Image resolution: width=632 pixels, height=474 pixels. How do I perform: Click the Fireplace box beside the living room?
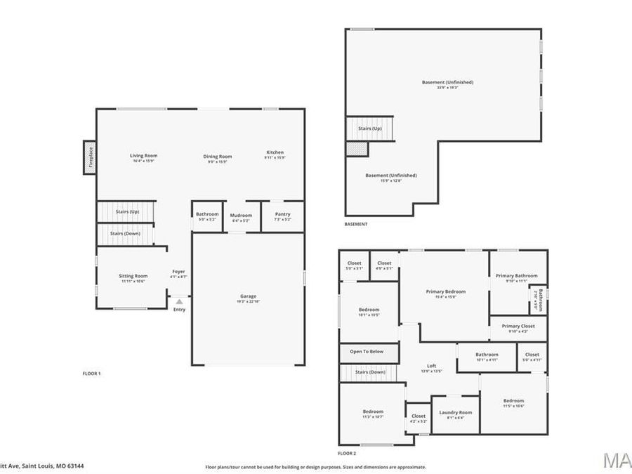pyautogui.click(x=89, y=158)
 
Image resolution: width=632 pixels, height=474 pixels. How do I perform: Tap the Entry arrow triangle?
pyautogui.click(x=179, y=301)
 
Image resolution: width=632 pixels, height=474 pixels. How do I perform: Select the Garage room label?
pyautogui.click(x=248, y=296)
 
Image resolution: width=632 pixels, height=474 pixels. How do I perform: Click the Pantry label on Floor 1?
pyautogui.click(x=282, y=215)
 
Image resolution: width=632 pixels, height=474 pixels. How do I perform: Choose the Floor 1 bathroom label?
pyautogui.click(x=207, y=214)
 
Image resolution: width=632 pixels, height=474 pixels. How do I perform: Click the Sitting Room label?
pyautogui.click(x=133, y=276)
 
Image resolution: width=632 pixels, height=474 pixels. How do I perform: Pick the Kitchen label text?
pyautogui.click(x=275, y=152)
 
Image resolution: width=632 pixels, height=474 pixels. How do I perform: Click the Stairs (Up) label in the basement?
pyautogui.click(x=369, y=129)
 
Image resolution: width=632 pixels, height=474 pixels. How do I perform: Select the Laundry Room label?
pyautogui.click(x=456, y=412)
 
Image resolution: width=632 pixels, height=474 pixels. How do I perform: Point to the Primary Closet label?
pyautogui.click(x=518, y=326)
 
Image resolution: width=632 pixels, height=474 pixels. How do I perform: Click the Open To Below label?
pyautogui.click(x=367, y=351)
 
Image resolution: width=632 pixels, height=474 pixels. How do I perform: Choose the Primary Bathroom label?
pyautogui.click(x=517, y=276)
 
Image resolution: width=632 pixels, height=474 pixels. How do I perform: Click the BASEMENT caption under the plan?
pyautogui.click(x=355, y=224)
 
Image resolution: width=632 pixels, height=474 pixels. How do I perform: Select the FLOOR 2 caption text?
pyautogui.click(x=348, y=454)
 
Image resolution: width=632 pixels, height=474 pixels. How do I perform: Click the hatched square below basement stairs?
pyautogui.click(x=356, y=148)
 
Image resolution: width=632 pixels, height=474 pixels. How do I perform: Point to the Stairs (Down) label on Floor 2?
pyautogui.click(x=370, y=371)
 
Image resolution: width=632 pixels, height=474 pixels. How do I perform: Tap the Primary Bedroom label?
pyautogui.click(x=445, y=291)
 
